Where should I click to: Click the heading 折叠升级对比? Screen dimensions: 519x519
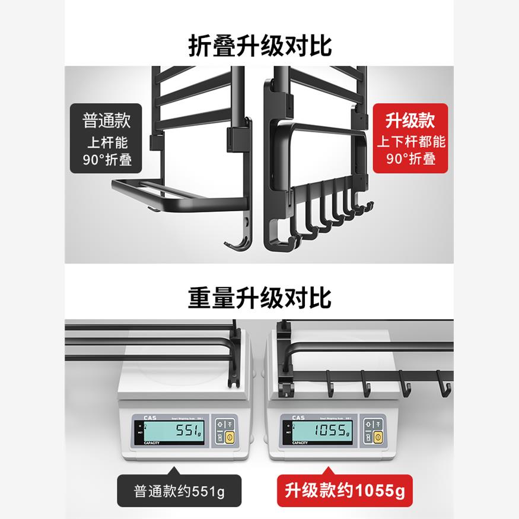[x=260, y=45]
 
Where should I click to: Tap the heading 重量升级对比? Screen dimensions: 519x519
[x=260, y=297]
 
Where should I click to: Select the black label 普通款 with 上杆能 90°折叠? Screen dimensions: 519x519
[x=106, y=139]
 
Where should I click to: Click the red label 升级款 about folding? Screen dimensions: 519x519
[x=410, y=139]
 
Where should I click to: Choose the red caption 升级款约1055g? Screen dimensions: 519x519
[x=345, y=491]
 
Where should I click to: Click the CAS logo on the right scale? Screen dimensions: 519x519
[x=297, y=418]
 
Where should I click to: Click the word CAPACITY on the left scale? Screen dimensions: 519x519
[x=151, y=442]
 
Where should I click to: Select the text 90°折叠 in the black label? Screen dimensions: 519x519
[x=106, y=160]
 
